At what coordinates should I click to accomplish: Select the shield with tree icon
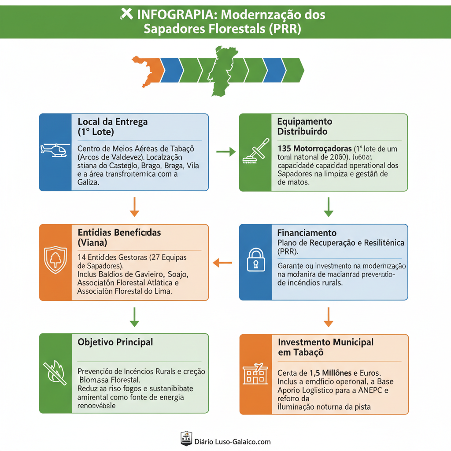coord(55,260)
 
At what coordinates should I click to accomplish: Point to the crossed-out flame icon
coord(55,372)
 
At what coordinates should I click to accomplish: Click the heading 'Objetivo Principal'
coord(115,342)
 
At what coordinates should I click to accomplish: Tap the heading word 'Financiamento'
coord(307,233)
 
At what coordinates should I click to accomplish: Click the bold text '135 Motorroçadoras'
coord(314,148)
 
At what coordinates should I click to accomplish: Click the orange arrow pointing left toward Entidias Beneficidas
coord(222,263)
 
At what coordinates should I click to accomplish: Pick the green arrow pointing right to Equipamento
coord(226,152)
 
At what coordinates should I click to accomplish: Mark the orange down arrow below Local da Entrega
coord(135,207)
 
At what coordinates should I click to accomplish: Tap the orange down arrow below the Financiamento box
coord(328,317)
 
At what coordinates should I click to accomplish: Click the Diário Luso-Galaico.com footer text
coord(233,441)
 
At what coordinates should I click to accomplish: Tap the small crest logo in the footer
coord(186,439)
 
